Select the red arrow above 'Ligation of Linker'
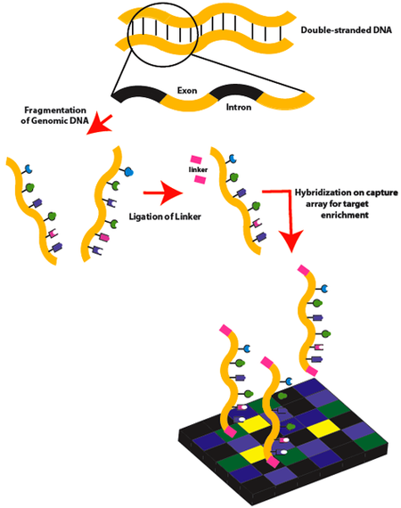pyautogui.click(x=165, y=190)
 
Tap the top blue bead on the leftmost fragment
pyautogui.click(x=29, y=167)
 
